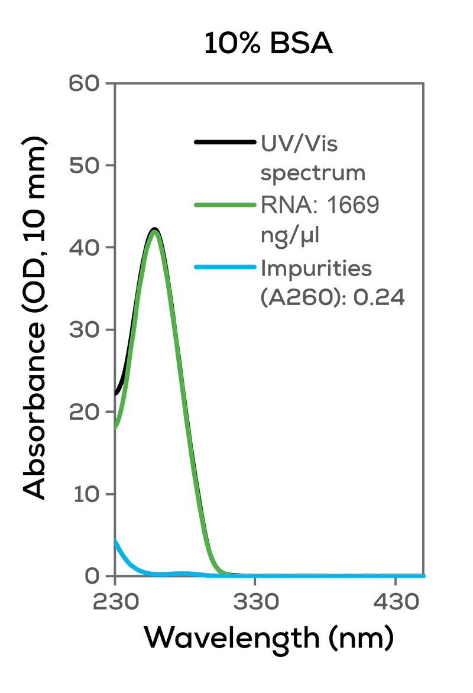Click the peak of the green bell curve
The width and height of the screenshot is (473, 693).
pyautogui.click(x=155, y=232)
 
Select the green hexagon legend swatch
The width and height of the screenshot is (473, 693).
pyautogui.click(x=210, y=201)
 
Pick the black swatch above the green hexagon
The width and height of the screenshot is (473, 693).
pyautogui.click(x=207, y=142)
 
